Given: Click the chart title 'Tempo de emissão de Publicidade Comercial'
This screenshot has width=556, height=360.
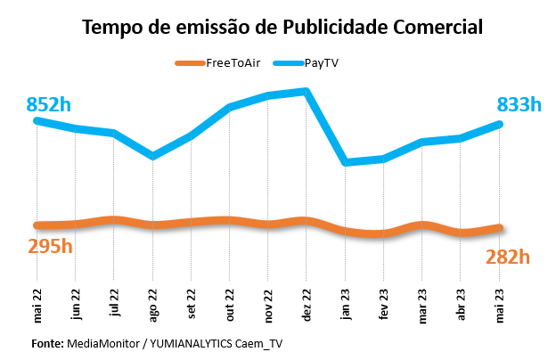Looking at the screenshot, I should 282,27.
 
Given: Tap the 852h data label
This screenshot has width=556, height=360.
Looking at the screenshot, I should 49,104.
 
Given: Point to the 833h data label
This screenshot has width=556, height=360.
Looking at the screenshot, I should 519,104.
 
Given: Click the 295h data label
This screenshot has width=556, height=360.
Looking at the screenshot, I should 49,245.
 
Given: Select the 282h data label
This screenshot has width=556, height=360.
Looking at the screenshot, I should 508,257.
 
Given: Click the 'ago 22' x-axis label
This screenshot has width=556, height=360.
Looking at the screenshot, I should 152,304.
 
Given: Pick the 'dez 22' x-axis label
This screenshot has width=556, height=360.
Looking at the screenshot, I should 306,304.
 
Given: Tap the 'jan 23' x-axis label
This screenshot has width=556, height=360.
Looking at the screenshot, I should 344,304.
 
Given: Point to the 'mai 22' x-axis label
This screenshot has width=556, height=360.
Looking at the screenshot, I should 37,304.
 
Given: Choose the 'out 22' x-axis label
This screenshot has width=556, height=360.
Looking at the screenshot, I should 229,304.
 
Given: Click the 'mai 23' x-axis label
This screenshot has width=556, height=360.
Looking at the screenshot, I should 500,304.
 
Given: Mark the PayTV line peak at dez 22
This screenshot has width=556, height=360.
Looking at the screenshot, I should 306,91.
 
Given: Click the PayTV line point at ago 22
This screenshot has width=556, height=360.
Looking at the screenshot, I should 153,156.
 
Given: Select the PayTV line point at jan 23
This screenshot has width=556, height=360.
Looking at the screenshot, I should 345,162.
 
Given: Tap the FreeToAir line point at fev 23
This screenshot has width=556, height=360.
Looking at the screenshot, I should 383,234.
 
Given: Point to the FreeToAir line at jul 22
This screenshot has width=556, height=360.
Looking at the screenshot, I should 114,219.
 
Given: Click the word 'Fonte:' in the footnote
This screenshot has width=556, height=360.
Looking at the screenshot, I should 46,343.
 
